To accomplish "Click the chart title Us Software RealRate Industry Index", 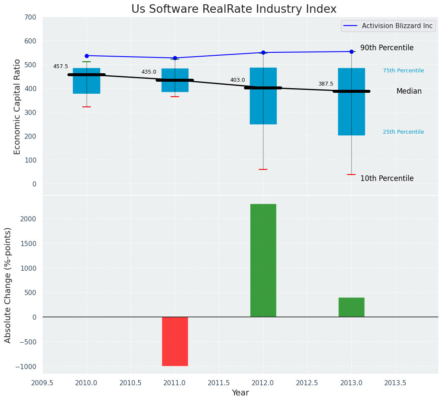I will (234, 9).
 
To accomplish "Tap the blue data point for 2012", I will (263, 53).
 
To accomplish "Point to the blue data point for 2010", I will (87, 56).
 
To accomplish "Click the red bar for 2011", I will (175, 341).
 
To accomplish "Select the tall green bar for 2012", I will (263, 260).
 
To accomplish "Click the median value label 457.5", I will (61, 66).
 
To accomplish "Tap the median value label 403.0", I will (237, 80).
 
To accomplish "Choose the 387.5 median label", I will (326, 84).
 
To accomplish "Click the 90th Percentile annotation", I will (387, 48).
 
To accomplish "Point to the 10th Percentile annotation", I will (387, 178).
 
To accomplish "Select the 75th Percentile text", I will (403, 71).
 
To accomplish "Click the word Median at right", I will (409, 91).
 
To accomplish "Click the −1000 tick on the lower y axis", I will (26, 367).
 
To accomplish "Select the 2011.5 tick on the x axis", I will (219, 383).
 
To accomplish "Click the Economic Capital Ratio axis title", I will (17, 106).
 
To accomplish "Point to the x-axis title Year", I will (240, 393).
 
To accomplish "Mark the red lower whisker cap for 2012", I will (263, 169).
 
